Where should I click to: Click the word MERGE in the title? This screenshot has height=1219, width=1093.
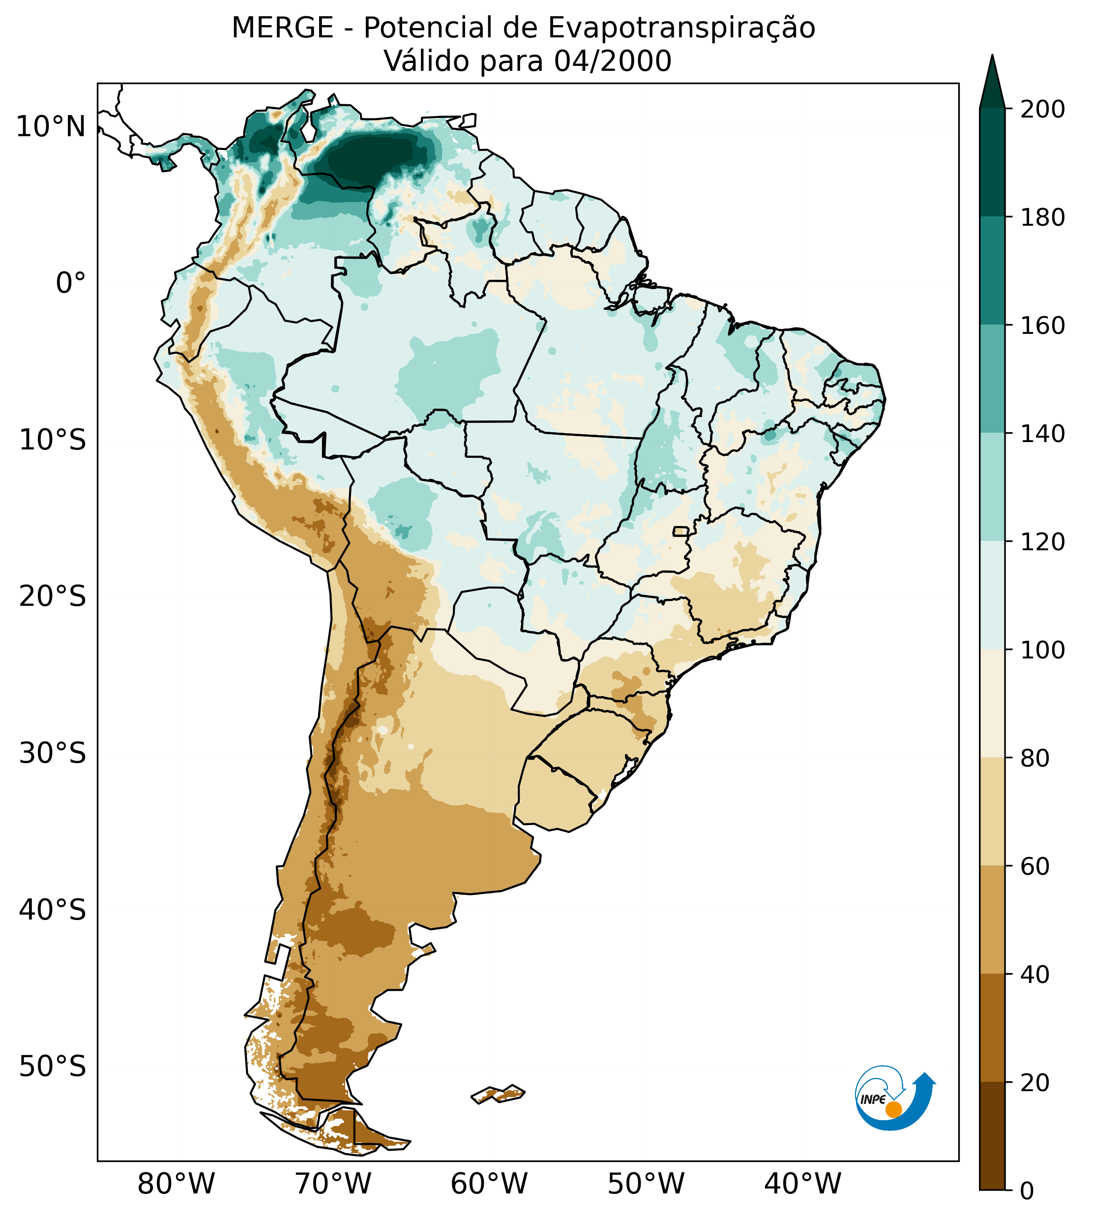(x=282, y=28)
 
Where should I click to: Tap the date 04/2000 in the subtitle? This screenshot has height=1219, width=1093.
(x=613, y=61)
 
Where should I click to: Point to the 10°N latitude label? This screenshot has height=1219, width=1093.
(x=51, y=127)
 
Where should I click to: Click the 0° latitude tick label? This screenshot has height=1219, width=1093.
(x=71, y=283)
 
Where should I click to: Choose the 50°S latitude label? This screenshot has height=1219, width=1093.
(x=53, y=1067)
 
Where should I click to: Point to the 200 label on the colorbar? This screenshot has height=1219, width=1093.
(x=1042, y=110)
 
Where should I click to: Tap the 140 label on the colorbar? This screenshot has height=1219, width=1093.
(x=1042, y=434)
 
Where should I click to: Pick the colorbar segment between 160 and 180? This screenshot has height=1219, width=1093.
(x=992, y=271)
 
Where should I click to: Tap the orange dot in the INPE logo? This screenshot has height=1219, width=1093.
(x=893, y=1109)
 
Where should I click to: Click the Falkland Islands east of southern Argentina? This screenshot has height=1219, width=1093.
(x=499, y=1094)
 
